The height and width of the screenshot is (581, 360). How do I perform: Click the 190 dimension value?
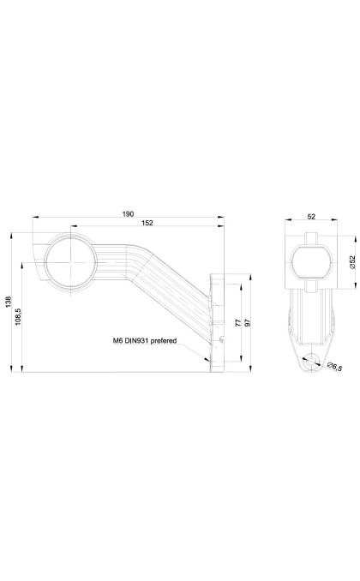128,213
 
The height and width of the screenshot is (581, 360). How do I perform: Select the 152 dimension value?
147,223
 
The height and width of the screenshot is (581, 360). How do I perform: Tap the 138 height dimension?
9,302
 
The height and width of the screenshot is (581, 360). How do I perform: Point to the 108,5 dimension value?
19,317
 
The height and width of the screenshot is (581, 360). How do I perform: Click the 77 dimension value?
238,323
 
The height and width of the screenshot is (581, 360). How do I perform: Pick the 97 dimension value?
248,323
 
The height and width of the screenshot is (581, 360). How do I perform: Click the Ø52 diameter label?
352,261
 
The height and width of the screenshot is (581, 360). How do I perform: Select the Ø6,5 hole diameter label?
335,367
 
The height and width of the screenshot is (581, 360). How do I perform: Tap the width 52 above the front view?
311,217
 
